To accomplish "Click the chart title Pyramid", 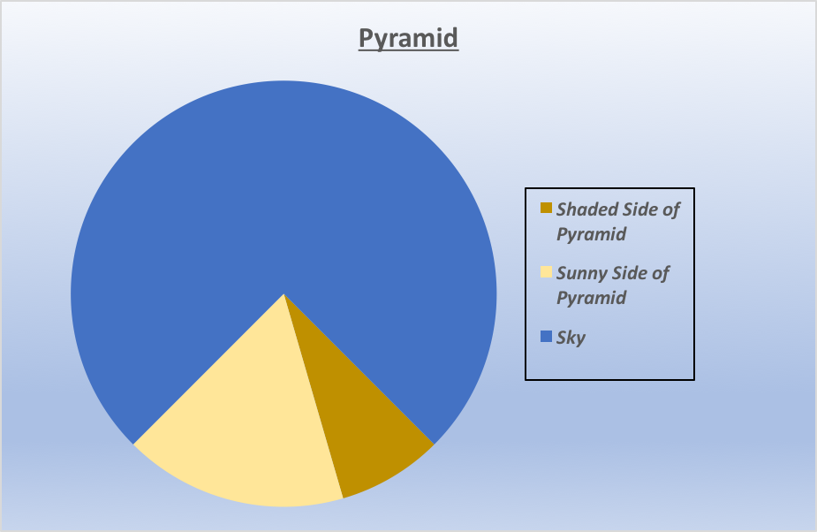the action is tap(408, 38).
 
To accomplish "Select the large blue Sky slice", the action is tap(284, 187).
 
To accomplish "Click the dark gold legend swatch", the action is tap(546, 208).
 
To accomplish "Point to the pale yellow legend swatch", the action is tap(546, 271).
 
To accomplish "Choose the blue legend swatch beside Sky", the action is tap(546, 337).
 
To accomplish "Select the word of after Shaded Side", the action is tap(671, 209).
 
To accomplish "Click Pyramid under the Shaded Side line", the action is tap(592, 234).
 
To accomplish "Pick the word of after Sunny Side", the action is tap(660, 273).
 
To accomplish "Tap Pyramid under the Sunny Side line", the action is tap(592, 298).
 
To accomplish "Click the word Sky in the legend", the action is tap(571, 338).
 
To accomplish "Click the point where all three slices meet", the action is tap(284, 293).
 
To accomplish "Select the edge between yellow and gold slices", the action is tap(314, 396).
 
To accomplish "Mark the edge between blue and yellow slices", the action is tap(208, 369).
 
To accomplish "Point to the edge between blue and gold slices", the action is tap(359, 369).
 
